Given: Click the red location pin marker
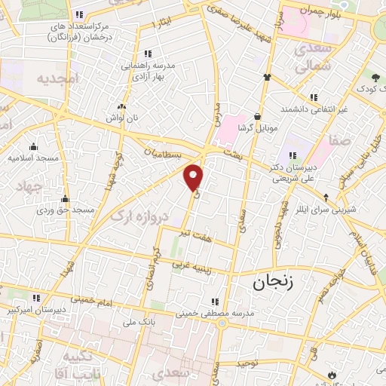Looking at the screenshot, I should pos(194,176).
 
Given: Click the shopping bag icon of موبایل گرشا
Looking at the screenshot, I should pos(259,117).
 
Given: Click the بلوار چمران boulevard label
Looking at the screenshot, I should pos(315,11).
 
